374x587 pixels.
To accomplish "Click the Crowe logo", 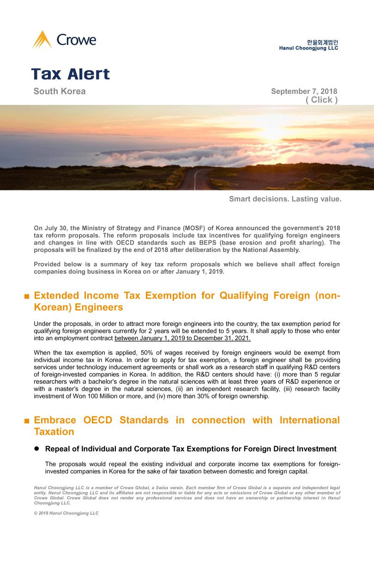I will pos(64,40).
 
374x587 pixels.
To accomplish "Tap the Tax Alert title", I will pos(71,74).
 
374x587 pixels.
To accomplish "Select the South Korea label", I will pos(60,91).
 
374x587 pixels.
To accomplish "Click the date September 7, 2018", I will pos(304,92).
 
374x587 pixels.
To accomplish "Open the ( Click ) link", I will pos(321,100).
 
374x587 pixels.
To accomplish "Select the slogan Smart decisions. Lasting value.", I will pos(285,199).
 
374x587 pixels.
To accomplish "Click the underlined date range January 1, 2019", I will pos(182,338).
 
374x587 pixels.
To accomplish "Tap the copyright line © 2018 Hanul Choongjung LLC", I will pos(66,513).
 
